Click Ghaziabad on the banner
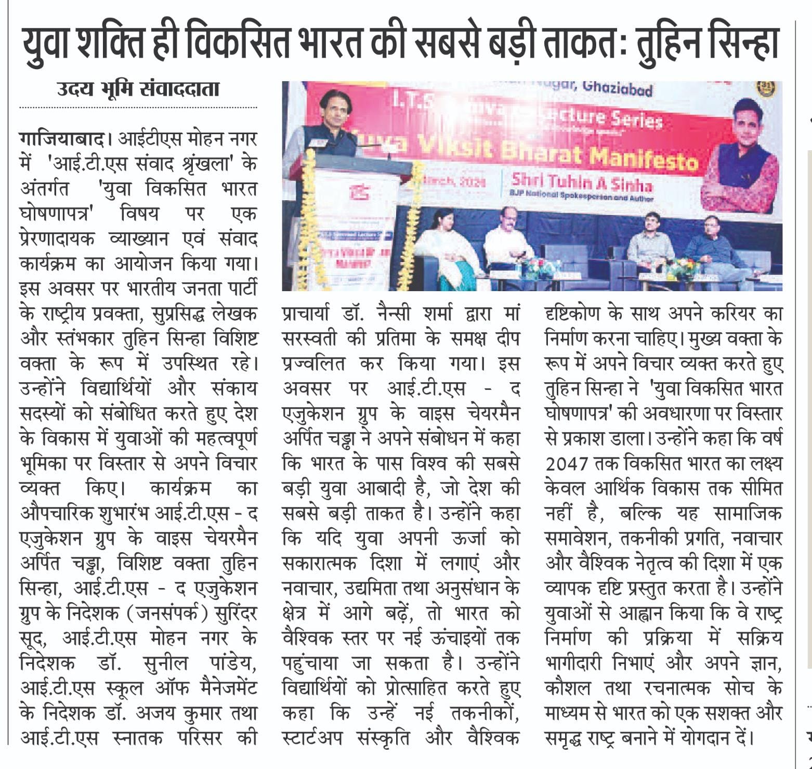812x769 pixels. pyautogui.click(x=617, y=89)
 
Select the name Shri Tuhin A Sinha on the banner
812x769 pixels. pyautogui.click(x=581, y=183)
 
